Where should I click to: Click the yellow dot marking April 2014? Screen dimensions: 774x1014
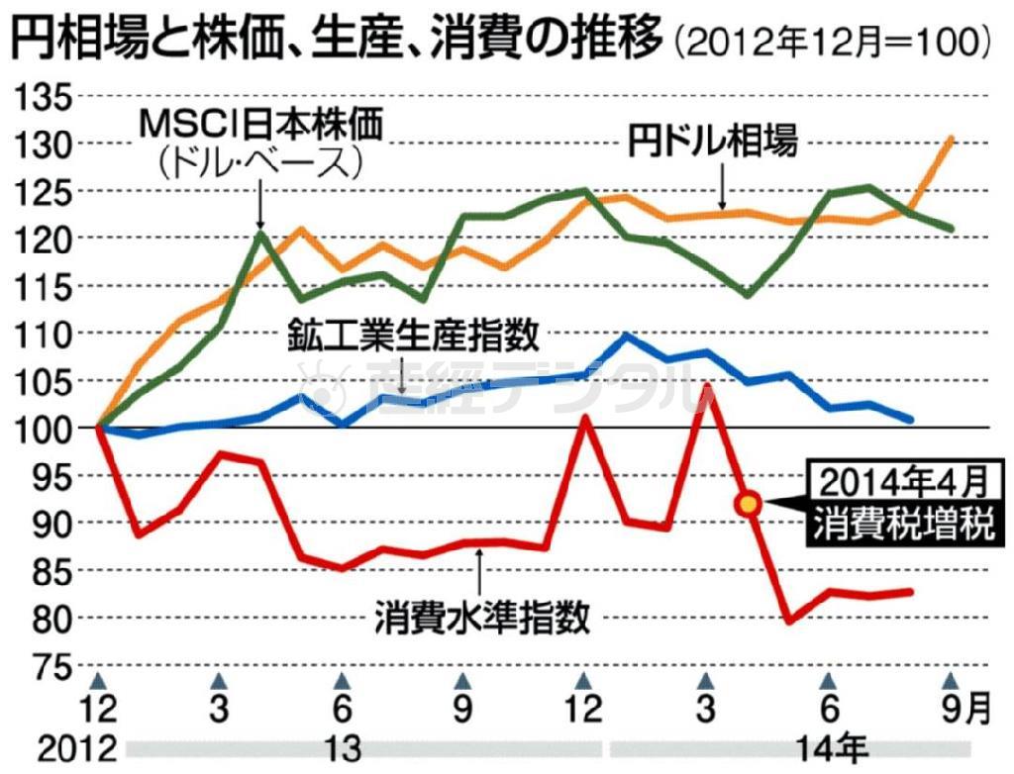pyautogui.click(x=749, y=504)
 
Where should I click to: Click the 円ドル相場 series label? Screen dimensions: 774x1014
pyautogui.click(x=712, y=142)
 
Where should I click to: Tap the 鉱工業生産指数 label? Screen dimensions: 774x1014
pyautogui.click(x=414, y=336)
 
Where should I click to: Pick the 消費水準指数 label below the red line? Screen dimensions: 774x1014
pyautogui.click(x=482, y=619)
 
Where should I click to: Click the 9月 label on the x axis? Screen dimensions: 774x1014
pyautogui.click(x=962, y=710)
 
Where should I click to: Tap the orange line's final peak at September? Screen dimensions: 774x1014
pyautogui.click(x=952, y=138)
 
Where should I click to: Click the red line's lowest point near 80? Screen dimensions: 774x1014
pyautogui.click(x=789, y=621)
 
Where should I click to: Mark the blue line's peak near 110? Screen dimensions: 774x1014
pyautogui.click(x=626, y=336)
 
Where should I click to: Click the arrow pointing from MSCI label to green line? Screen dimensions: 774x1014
pyautogui.click(x=258, y=203)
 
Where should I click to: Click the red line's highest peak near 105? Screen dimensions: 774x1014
pyautogui.click(x=706, y=385)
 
